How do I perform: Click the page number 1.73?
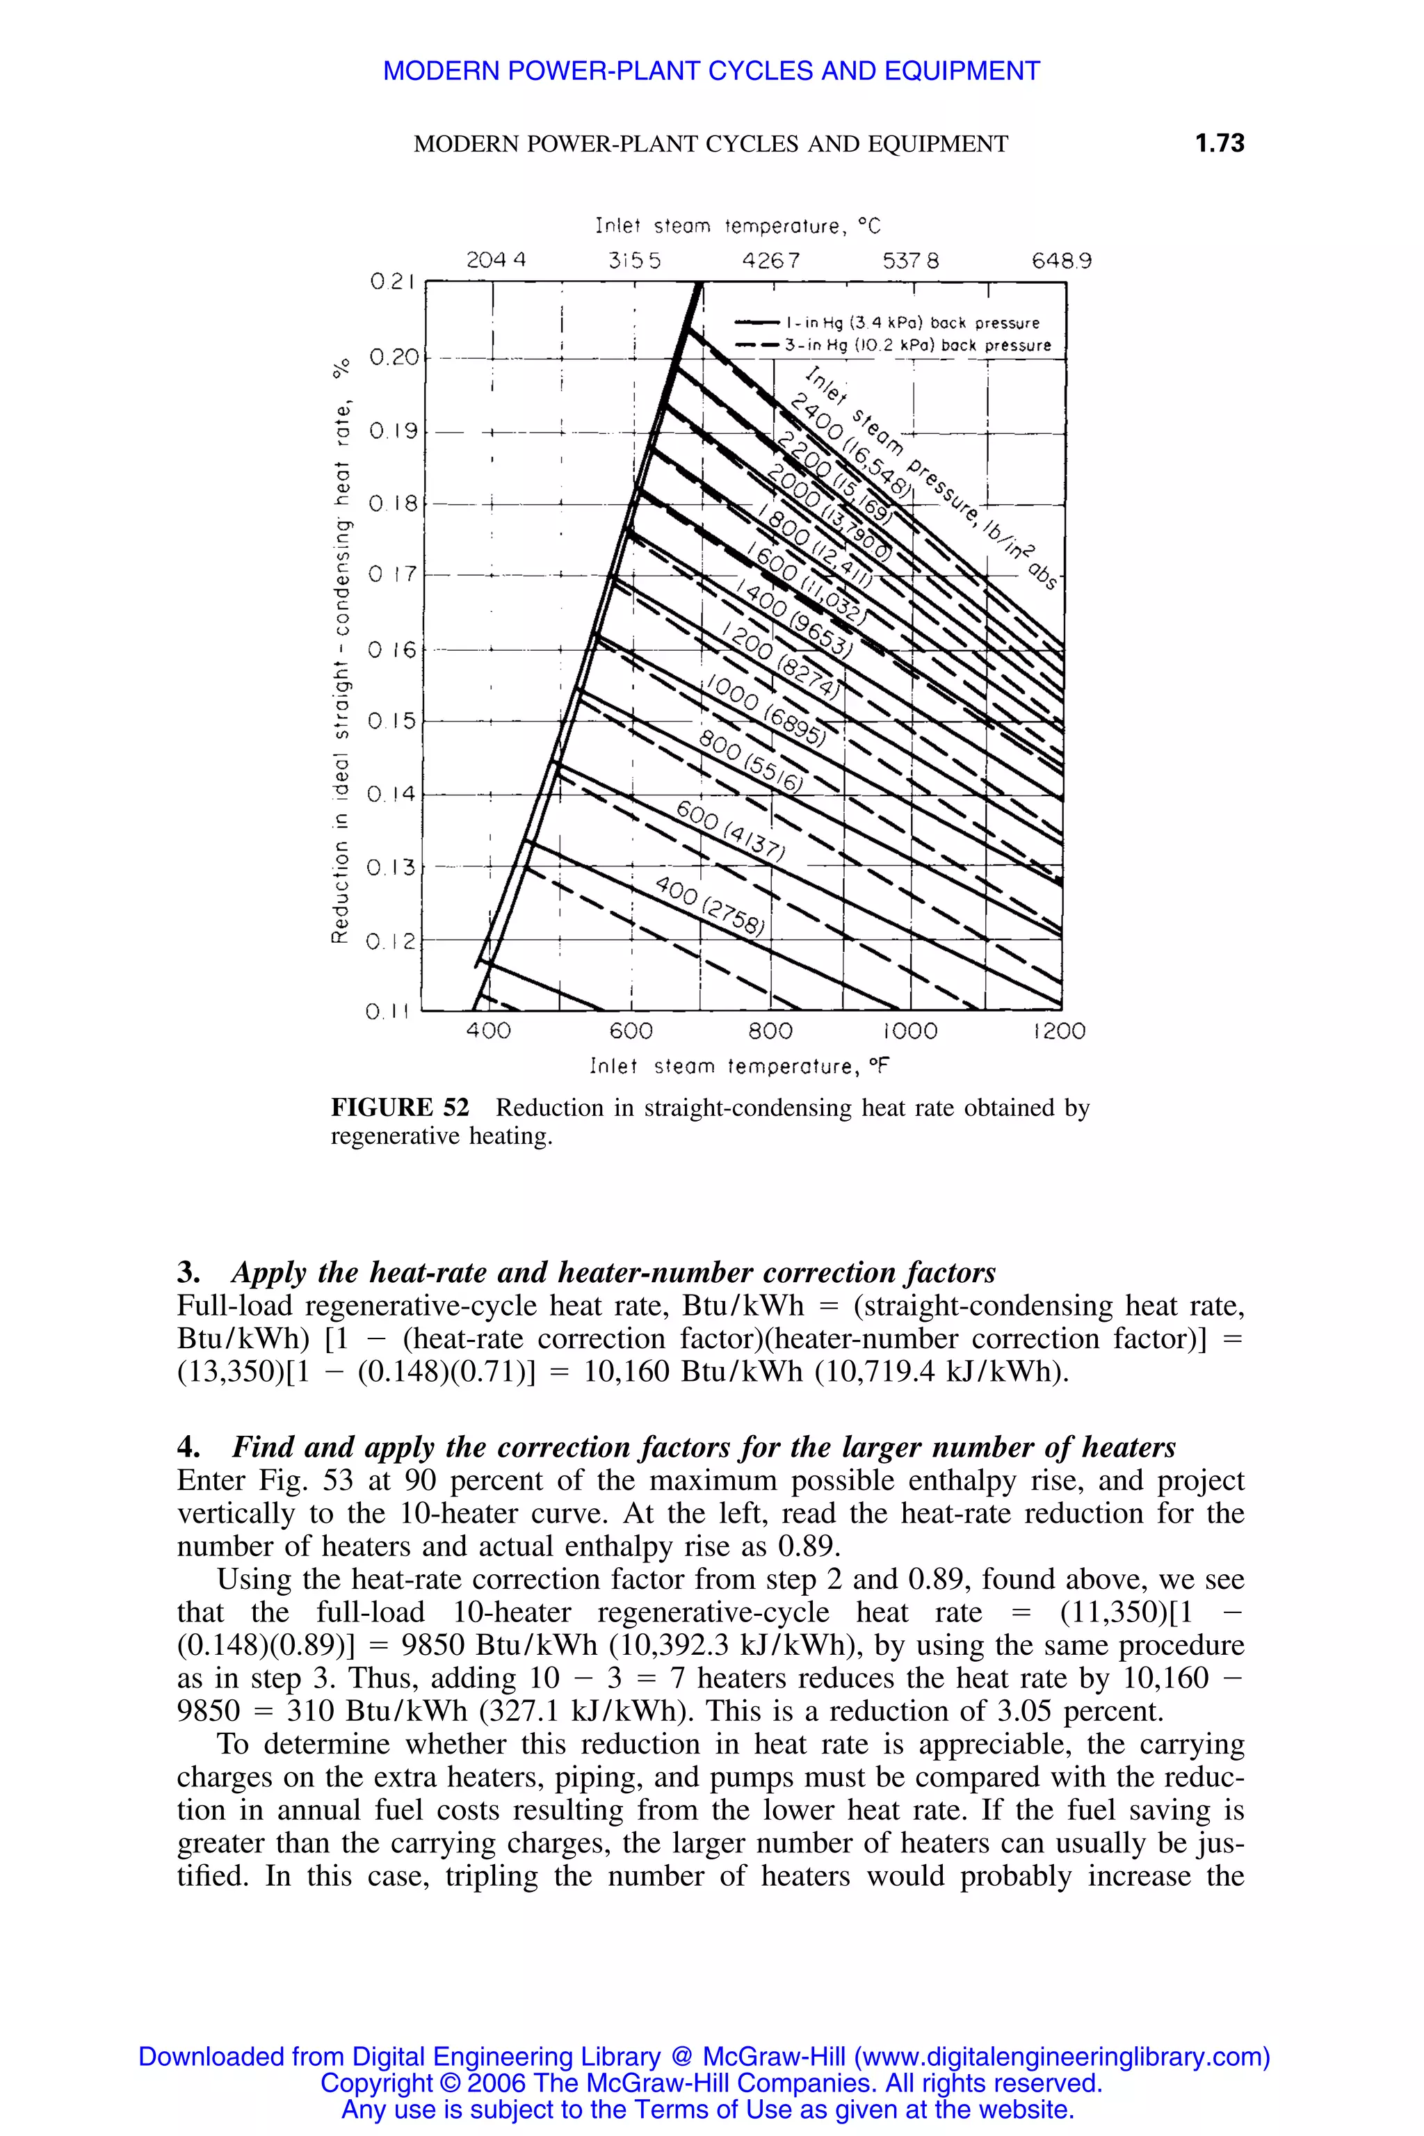click(x=1219, y=143)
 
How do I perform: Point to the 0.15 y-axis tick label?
click(x=391, y=721)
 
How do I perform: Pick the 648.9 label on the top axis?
click(x=1061, y=261)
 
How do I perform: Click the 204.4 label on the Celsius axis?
click(x=495, y=261)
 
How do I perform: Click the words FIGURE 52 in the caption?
click(x=400, y=1107)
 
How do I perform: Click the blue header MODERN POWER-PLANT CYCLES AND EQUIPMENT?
click(x=711, y=71)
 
